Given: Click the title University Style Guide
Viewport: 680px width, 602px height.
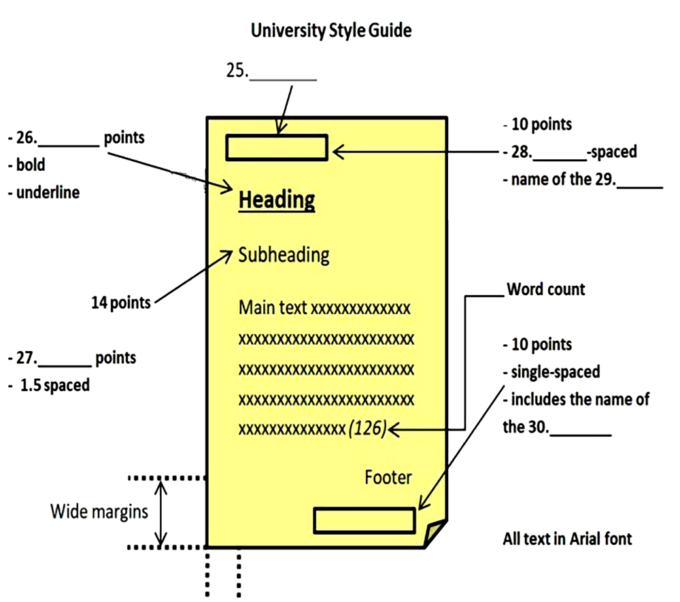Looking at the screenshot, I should pyautogui.click(x=331, y=31).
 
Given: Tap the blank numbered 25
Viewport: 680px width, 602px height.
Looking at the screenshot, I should pyautogui.click(x=284, y=73).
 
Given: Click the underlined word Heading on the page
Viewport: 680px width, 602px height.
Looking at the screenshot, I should pyautogui.click(x=277, y=201).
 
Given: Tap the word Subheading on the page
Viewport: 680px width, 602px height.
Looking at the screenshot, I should pyautogui.click(x=284, y=255).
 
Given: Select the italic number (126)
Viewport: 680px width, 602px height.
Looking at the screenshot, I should pyautogui.click(x=367, y=429).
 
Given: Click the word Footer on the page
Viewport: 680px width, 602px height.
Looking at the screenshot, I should pyautogui.click(x=388, y=478).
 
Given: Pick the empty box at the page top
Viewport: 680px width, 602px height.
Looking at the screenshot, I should pyautogui.click(x=277, y=148).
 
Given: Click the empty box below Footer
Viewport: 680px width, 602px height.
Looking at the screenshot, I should pyautogui.click(x=364, y=520).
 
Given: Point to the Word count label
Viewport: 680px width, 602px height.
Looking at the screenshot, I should pyautogui.click(x=545, y=290).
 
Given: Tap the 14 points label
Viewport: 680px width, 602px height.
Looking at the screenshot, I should pyautogui.click(x=120, y=302).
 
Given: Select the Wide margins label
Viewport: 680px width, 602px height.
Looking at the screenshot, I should pyautogui.click(x=99, y=512).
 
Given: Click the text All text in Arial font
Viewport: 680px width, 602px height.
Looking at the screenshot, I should pyautogui.click(x=567, y=539).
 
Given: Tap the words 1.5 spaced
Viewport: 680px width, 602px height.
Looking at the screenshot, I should pyautogui.click(x=55, y=385).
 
